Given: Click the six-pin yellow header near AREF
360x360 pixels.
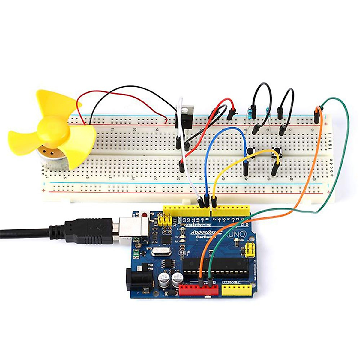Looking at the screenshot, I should click(165, 221).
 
